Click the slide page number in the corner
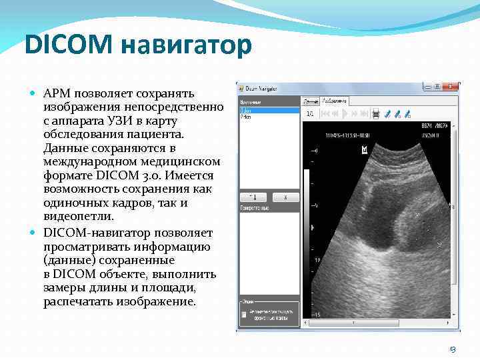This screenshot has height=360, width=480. pyautogui.click(x=453, y=349)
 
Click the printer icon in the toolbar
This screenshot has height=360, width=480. pyautogui.click(x=376, y=114)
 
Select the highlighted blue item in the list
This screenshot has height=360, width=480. pyautogui.click(x=269, y=111)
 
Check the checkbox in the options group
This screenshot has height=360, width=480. pyautogui.click(x=245, y=313)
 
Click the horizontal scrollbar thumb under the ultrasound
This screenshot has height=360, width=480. pyautogui.click(x=373, y=323)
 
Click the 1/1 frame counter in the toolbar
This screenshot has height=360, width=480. pyautogui.click(x=310, y=114)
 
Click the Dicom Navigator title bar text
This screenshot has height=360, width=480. pyautogui.click(x=261, y=88)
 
